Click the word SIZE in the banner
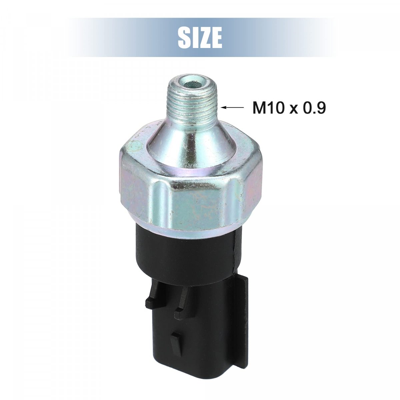[200, 38]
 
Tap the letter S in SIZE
[184, 38]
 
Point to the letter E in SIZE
[217, 38]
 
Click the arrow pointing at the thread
[232, 107]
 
